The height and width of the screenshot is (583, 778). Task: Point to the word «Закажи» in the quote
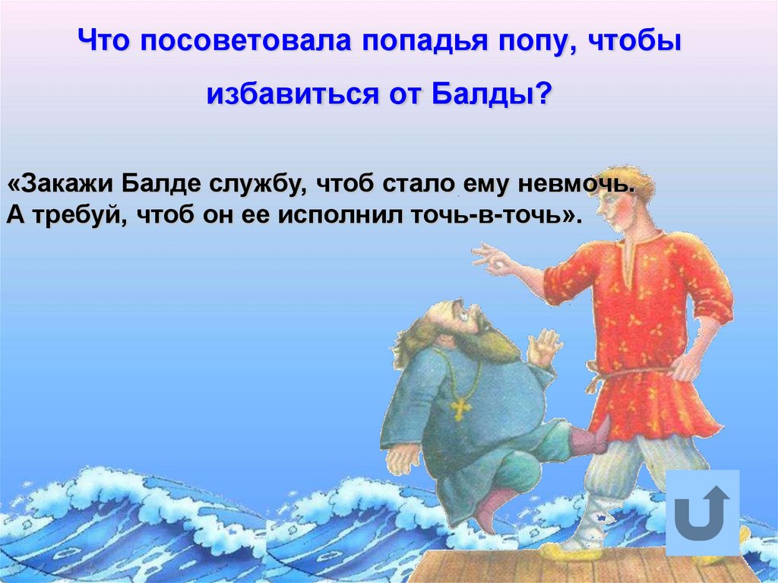60,185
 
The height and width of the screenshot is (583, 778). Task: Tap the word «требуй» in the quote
79,216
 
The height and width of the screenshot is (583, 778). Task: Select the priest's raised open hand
545,347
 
